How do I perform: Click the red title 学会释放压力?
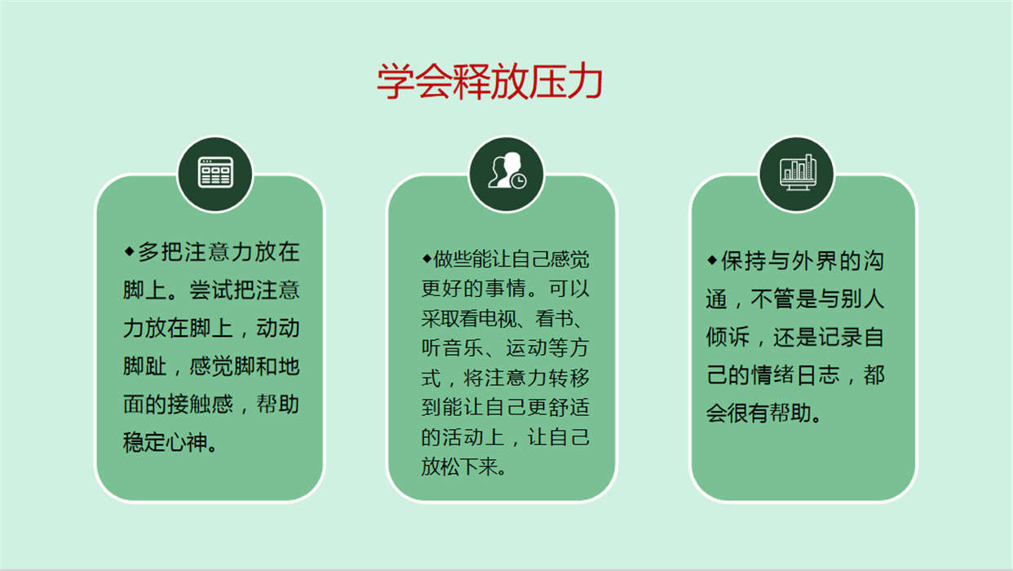pyautogui.click(x=489, y=82)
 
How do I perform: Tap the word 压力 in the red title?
pyautogui.click(x=565, y=82)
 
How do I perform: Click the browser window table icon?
pyautogui.click(x=215, y=172)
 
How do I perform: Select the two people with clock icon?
pyautogui.click(x=507, y=170)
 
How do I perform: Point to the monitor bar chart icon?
pyautogui.click(x=798, y=172)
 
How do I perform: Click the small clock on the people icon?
pyautogui.click(x=518, y=180)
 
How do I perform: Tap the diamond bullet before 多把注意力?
pyautogui.click(x=129, y=251)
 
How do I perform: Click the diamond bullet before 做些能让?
pyautogui.click(x=427, y=259)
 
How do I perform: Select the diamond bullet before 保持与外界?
pyautogui.click(x=712, y=260)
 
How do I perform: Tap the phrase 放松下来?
pyautogui.click(x=458, y=466)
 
